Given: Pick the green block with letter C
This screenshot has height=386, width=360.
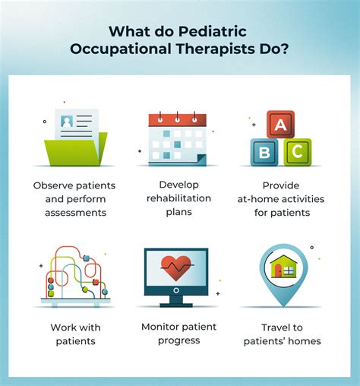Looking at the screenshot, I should click(296, 151).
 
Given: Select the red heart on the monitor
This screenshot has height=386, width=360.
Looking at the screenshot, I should click(180, 267).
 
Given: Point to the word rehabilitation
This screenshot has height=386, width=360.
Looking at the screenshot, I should click(180, 198).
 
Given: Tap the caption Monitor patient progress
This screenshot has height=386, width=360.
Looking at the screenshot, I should click(180, 334).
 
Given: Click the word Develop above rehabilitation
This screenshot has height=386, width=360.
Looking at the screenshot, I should click(180, 185).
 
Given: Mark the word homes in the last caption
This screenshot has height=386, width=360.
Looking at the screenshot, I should click(303, 340).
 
